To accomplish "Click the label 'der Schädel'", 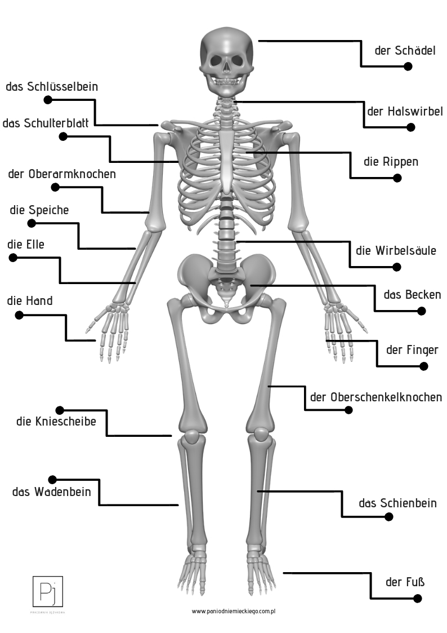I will [x=405, y=51].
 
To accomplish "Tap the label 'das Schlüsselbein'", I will [x=52, y=87].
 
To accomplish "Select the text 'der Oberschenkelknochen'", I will [x=376, y=397].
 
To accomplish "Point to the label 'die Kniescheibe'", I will [x=56, y=421].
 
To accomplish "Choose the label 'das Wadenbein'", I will [x=51, y=492].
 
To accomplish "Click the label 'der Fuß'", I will [x=405, y=582].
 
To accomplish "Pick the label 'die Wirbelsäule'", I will [x=396, y=251].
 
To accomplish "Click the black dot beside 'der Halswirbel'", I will [x=411, y=127].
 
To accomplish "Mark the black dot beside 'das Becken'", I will [x=421, y=311].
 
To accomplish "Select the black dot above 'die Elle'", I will [x=13, y=258].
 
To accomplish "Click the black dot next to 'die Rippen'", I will [x=397, y=178].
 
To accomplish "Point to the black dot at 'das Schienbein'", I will [x=388, y=516].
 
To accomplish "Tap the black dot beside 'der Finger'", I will [x=424, y=366].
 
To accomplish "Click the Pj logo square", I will [x=48, y=591].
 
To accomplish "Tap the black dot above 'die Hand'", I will [x=19, y=315].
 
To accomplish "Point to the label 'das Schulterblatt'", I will [x=45, y=123].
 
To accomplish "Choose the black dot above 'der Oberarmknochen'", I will [x=55, y=187].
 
